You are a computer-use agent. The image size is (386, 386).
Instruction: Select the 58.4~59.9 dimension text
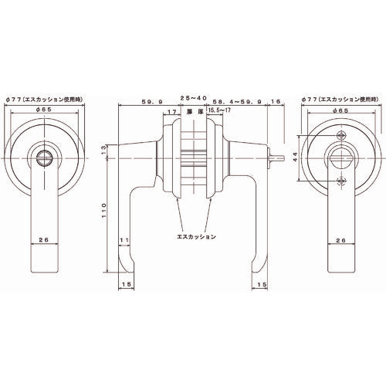(233, 100)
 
